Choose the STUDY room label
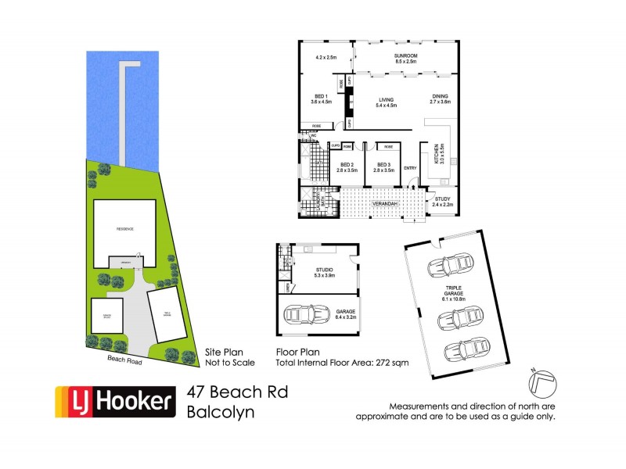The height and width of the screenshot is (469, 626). point(442,199)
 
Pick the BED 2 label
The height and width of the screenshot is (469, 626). point(347,165)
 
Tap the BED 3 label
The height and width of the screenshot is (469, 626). point(383,165)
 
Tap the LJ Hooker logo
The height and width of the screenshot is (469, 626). point(113,402)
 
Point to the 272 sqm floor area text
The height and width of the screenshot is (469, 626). point(400,364)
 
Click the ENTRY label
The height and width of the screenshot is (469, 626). point(410,168)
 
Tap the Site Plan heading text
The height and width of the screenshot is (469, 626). point(219,352)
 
